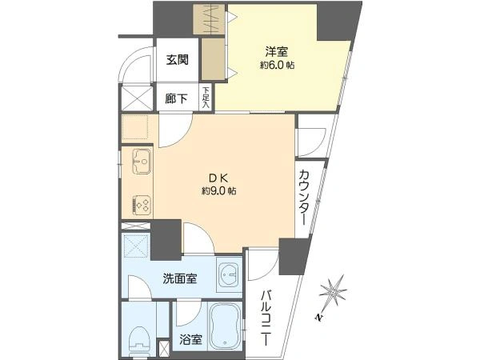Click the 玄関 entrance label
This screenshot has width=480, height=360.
click(178, 60)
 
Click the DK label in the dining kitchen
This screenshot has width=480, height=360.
click(218, 178)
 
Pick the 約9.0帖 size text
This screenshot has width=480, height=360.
click(218, 191)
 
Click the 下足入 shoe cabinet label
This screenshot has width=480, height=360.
click(206, 98)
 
